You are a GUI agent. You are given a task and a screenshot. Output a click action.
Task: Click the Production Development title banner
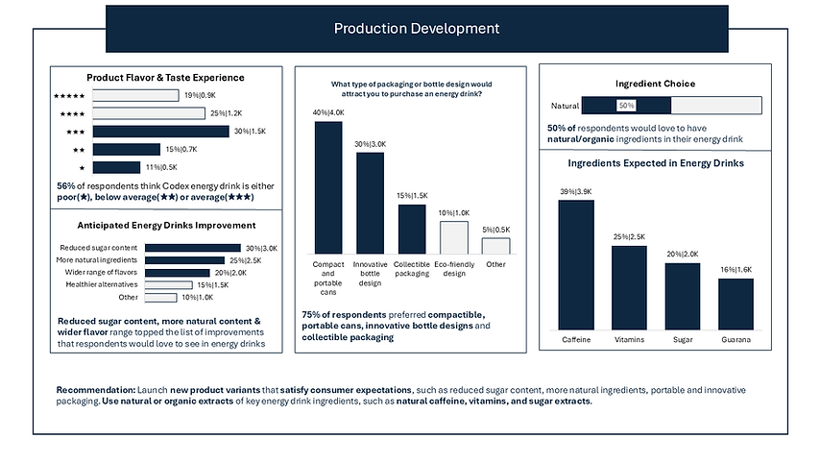pyautogui.click(x=416, y=28)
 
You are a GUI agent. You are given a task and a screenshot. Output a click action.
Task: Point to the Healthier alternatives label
pyautogui.click(x=102, y=283)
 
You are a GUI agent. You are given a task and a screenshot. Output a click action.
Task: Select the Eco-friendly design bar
pyautogui.click(x=453, y=236)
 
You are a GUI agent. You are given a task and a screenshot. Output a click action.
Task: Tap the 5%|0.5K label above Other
pyautogui.click(x=495, y=230)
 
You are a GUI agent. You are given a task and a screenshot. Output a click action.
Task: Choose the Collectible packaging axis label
pyautogui.click(x=412, y=270)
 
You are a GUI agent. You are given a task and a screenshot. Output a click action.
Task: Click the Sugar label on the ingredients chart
pyautogui.click(x=683, y=339)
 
